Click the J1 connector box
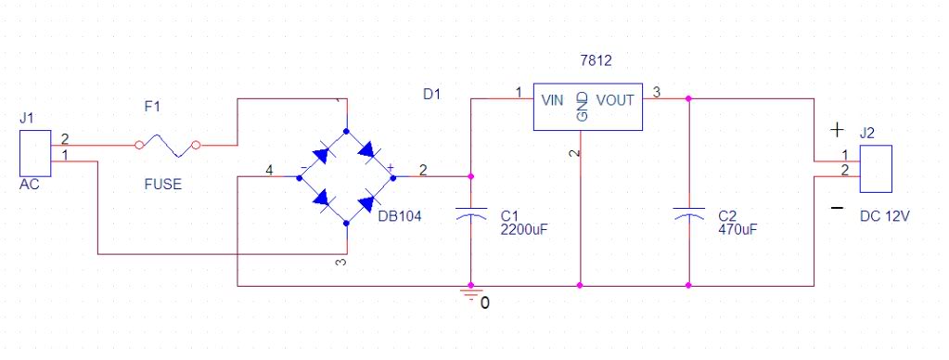[35, 153]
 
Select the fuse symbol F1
[167, 146]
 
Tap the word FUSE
[163, 184]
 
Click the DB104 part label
[400, 216]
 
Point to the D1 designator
[432, 95]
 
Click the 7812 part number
[596, 60]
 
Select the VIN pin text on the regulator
[553, 100]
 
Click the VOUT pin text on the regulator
[616, 100]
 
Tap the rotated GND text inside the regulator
[582, 107]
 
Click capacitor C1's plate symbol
[471, 213]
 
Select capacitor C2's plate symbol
[688, 213]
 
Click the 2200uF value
[524, 229]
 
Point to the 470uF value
[737, 229]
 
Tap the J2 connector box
[876, 169]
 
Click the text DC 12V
[885, 216]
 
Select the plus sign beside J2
[837, 130]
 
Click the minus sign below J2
[837, 208]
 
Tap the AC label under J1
[29, 184]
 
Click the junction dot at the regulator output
[688, 98]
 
